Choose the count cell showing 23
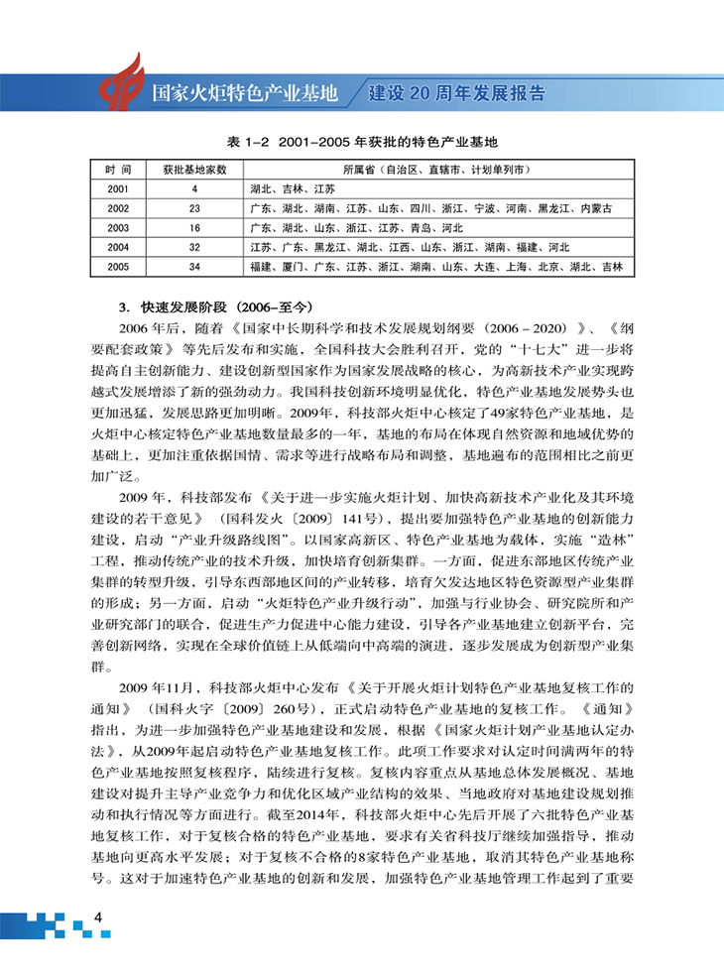click(194, 208)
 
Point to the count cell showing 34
click(194, 267)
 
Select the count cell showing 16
click(194, 227)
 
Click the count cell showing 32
click(194, 247)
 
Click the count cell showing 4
click(194, 188)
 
